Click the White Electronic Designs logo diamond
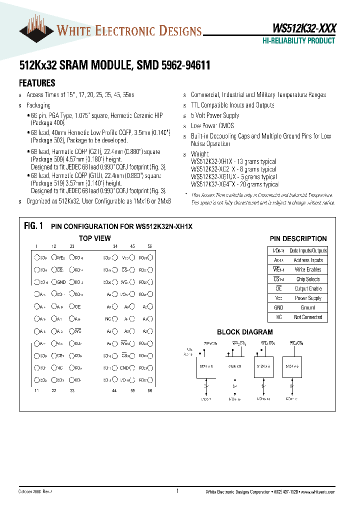pos(36,30)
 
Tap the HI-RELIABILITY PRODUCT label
pos(298,41)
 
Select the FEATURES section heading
pos(37,83)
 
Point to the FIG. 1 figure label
pos(33,226)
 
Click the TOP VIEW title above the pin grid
pos(94,238)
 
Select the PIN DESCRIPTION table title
pos(298,238)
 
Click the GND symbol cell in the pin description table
pos(278,307)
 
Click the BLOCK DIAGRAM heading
pos(244,332)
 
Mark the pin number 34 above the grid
pos(115,246)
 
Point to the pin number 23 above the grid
pos(72,246)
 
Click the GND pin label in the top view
pos(61,282)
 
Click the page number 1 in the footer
pos(178,491)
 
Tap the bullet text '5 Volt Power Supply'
pos(215,115)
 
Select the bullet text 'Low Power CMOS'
pos(212,126)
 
